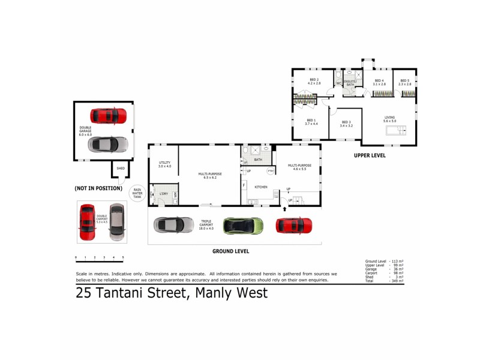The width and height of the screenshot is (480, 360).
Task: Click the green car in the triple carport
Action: pyautogui.click(x=243, y=226)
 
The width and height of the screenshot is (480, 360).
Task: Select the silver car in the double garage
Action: pyautogui.click(x=108, y=144)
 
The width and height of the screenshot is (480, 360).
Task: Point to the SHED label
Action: pyautogui.click(x=121, y=169)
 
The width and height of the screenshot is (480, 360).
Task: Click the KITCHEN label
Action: pyautogui.click(x=260, y=188)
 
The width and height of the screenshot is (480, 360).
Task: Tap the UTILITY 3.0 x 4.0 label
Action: pyautogui.click(x=165, y=164)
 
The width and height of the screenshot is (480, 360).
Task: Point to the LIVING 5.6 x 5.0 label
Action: pyautogui.click(x=390, y=119)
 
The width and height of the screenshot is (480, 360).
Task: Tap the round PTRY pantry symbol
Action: pyautogui.click(x=271, y=172)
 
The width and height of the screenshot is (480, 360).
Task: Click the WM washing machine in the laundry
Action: pyautogui.click(x=175, y=194)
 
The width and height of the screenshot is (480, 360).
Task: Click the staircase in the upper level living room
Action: pyautogui.click(x=396, y=130)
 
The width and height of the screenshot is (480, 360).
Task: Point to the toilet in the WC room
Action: pyautogui.click(x=338, y=76)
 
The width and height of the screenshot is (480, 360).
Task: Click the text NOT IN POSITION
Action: pyautogui.click(x=98, y=188)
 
